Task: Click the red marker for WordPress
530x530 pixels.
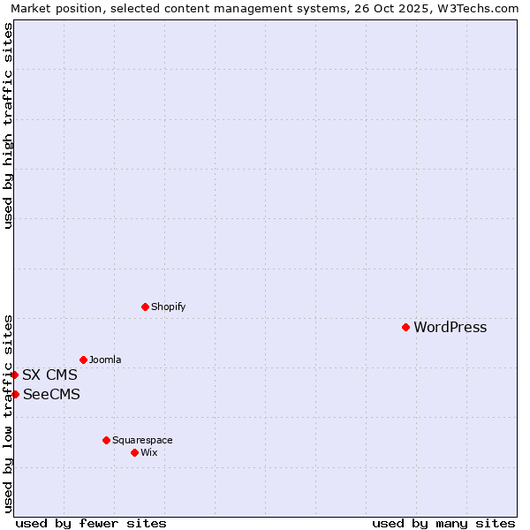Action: click(405, 327)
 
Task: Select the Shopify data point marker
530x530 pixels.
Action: click(145, 307)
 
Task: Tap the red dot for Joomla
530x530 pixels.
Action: click(83, 360)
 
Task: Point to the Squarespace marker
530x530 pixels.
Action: click(106, 440)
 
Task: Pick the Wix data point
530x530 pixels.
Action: click(134, 452)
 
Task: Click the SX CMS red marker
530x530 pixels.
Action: click(14, 375)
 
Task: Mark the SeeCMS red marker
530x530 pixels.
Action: click(15, 394)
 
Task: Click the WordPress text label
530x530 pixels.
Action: click(450, 328)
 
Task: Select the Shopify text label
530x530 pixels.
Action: click(168, 307)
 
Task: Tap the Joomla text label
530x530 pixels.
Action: click(105, 360)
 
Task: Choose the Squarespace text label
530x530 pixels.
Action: click(142, 441)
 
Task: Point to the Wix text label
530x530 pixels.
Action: click(149, 453)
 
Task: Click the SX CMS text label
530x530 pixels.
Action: click(49, 375)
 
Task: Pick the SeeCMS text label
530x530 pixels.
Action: click(51, 395)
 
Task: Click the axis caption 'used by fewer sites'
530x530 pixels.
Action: click(91, 523)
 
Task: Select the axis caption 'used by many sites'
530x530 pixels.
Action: click(443, 523)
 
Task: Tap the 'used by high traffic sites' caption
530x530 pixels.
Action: click(8, 125)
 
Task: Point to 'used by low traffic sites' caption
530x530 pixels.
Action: click(8, 413)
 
